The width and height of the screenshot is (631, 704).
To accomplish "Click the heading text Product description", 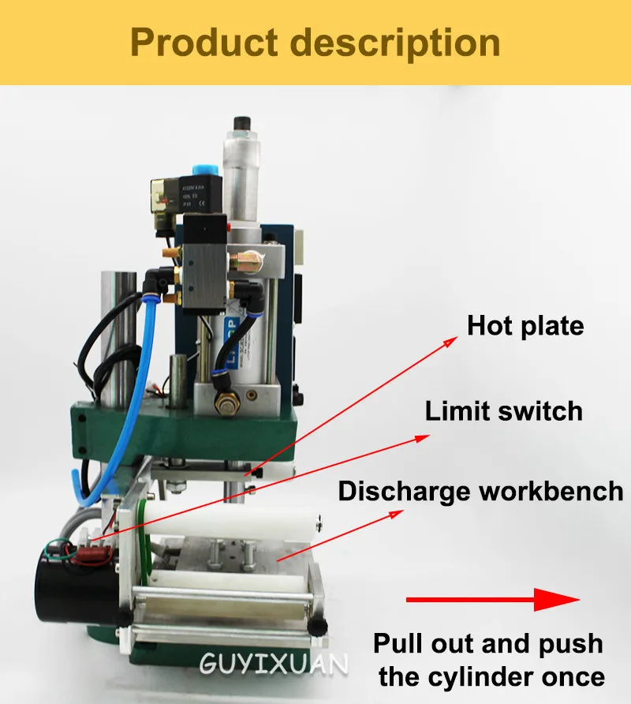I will coord(315,43).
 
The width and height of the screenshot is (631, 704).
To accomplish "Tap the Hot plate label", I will coord(525,325).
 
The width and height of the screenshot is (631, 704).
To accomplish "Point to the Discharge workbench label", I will coord(480,491).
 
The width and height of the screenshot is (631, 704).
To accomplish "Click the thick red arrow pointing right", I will coord(493,600).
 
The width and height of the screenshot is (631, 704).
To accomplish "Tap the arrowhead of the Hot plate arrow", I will coord(450,340).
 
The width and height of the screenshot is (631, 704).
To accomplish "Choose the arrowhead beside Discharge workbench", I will coord(394,515).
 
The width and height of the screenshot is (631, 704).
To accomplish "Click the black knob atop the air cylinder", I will coord(241,124).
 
